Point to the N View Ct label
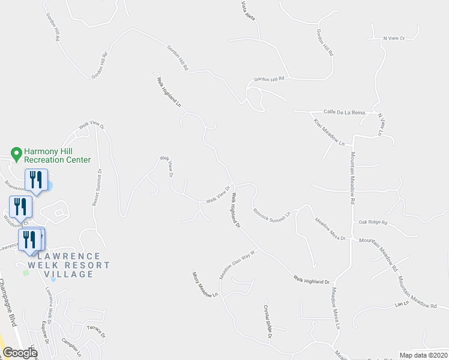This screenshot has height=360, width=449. tap(394, 38)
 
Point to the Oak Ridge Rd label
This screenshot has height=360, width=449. tap(373, 223)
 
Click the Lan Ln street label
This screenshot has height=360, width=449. tap(401, 304)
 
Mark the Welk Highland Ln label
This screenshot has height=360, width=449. tap(169, 92)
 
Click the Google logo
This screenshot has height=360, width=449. tap(19, 353)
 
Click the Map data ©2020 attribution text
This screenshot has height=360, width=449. tap(423, 355)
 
